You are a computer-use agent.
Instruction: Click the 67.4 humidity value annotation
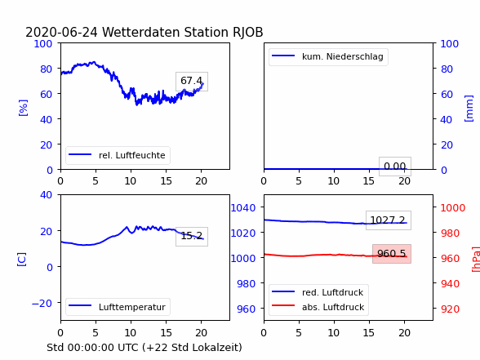coord(192,81)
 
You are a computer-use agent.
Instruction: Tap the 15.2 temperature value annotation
coord(192,236)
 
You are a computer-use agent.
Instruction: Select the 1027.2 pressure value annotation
coord(389,220)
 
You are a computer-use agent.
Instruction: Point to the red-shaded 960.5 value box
coord(392,254)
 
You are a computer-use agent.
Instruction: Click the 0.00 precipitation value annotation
coord(395,167)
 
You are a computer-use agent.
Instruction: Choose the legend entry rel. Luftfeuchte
coord(118,155)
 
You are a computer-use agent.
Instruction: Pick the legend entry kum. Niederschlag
coord(328,56)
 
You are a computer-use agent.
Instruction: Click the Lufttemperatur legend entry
coord(118,307)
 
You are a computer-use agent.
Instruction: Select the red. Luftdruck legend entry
coord(318,292)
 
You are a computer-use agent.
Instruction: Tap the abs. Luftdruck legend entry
coord(318,307)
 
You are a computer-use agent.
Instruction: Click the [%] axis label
coord(23,108)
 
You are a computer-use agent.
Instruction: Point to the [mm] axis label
coord(469,109)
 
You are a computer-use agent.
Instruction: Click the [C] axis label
coord(22,259)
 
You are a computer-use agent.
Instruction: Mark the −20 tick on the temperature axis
coord(42,304)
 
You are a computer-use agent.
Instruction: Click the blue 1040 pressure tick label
coord(243,208)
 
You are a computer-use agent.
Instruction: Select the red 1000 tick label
coord(453,208)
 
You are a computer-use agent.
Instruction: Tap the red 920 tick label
coord(450,309)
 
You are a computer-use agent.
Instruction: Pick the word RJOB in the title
coord(248,32)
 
